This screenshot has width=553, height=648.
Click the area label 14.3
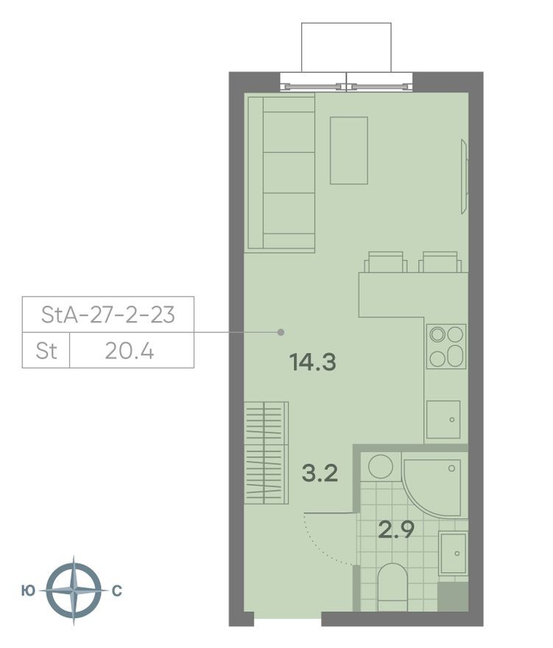(313, 362)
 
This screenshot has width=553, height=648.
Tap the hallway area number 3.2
(320, 473)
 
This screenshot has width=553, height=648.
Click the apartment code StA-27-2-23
(108, 315)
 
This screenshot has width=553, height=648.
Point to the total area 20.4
(130, 351)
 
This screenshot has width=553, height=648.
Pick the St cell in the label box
(46, 351)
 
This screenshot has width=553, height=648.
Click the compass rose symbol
(72, 591)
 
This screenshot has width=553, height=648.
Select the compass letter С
(116, 591)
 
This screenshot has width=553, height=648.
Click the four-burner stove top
(447, 346)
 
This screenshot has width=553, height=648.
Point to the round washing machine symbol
(381, 466)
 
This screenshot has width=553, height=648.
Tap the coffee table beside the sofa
(348, 150)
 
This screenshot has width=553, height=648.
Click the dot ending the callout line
(281, 333)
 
